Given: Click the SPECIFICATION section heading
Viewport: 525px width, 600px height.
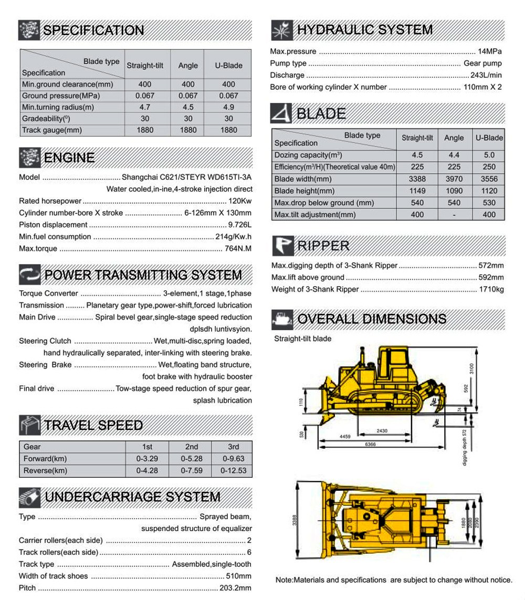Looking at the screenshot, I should click(x=93, y=30).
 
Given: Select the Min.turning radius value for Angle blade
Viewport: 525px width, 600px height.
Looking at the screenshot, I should click(x=188, y=107).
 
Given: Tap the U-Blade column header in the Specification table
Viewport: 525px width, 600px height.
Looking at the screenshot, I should click(x=228, y=66).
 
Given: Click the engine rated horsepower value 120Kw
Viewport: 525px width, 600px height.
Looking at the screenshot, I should click(x=240, y=201).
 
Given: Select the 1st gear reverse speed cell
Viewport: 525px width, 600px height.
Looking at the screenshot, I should click(x=147, y=470).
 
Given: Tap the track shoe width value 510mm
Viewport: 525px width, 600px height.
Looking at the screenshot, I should click(x=239, y=576).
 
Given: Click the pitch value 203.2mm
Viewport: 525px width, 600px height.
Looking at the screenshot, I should click(x=236, y=588).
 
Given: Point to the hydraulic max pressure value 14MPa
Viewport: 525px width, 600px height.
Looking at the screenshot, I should click(x=490, y=51).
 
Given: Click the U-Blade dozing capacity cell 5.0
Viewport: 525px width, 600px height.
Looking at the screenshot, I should click(x=489, y=155).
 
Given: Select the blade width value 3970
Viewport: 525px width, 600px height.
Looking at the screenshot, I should click(x=454, y=179).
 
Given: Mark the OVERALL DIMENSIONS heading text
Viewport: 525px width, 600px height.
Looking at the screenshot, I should click(x=372, y=319).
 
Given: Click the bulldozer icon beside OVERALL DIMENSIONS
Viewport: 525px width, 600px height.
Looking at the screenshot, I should click(x=282, y=319).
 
